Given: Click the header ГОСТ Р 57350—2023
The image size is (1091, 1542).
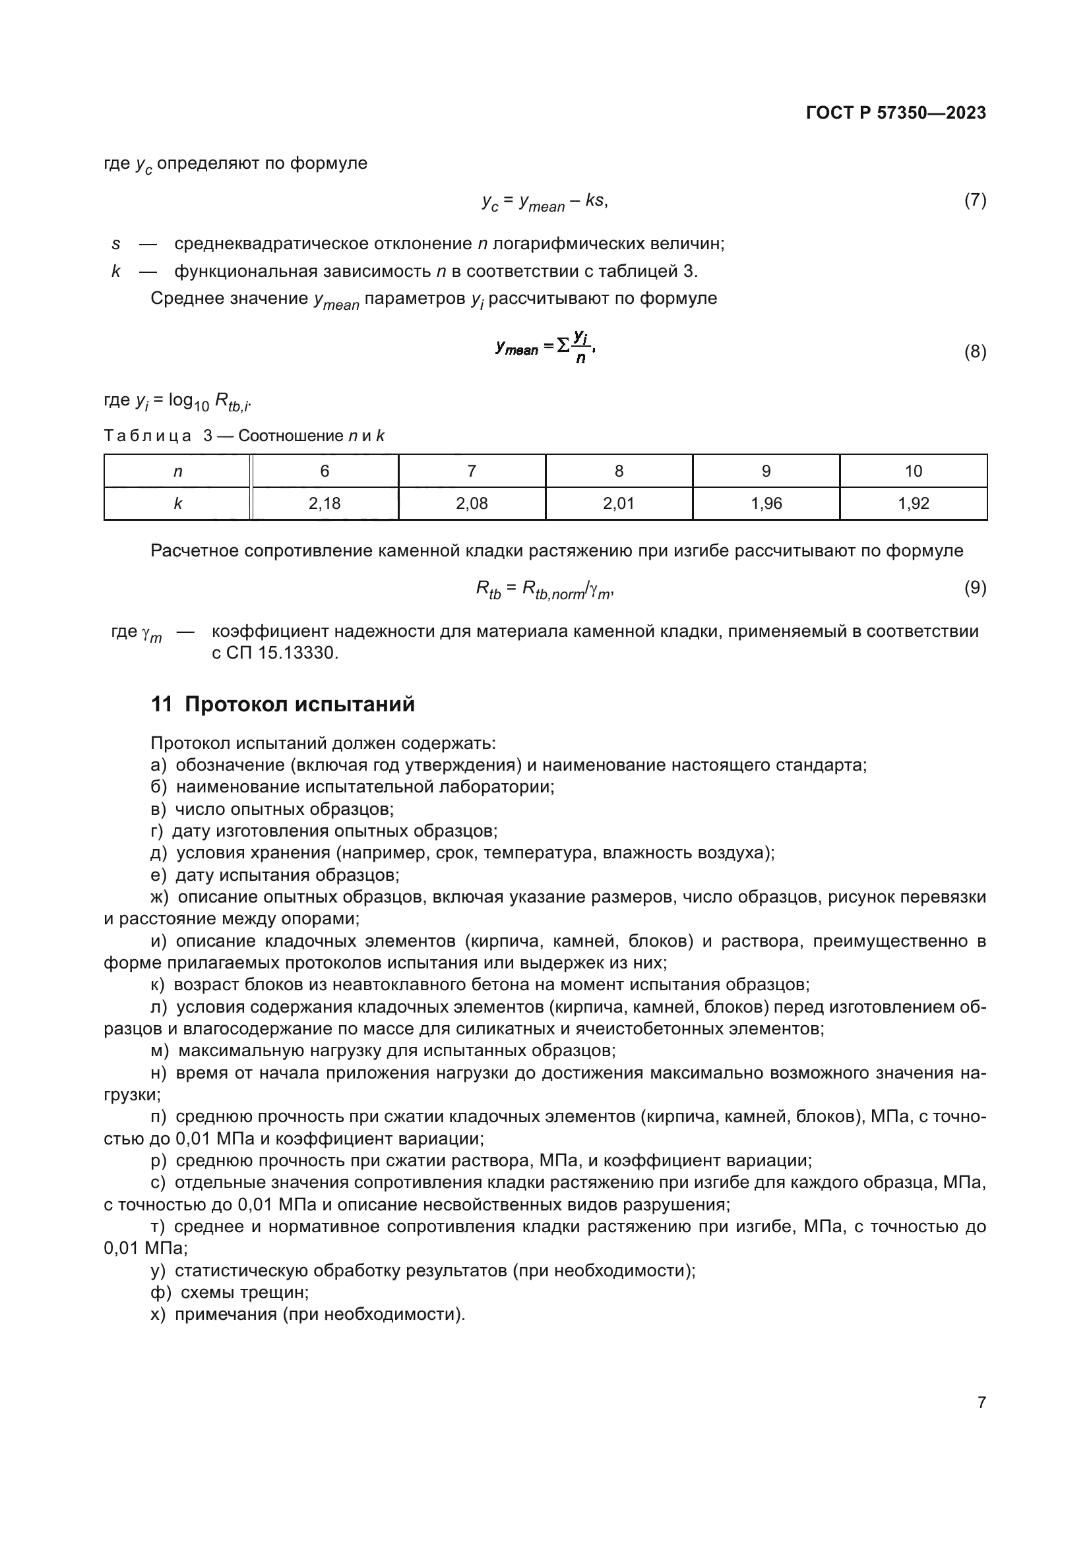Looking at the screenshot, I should pyautogui.click(x=896, y=113).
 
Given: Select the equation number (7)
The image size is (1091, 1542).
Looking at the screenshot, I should pyautogui.click(x=975, y=200).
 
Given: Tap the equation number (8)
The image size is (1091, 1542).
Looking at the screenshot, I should pyautogui.click(x=975, y=351).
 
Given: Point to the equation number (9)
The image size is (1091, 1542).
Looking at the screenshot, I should pyautogui.click(x=975, y=587).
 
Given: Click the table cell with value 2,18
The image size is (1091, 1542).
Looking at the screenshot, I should pyautogui.click(x=325, y=504).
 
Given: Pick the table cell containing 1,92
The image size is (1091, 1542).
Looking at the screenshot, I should pyautogui.click(x=913, y=504).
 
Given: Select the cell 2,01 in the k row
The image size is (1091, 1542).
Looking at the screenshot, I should pyautogui.click(x=619, y=504).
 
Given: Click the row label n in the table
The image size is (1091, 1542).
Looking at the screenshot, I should pyautogui.click(x=177, y=471).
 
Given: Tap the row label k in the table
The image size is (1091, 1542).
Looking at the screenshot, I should pyautogui.click(x=177, y=504).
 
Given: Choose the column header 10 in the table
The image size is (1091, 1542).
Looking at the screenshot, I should pyautogui.click(x=913, y=471).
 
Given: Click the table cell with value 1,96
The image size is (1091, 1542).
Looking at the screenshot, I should pyautogui.click(x=766, y=504).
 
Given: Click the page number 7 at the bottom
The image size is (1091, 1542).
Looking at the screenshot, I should pyautogui.click(x=982, y=1402).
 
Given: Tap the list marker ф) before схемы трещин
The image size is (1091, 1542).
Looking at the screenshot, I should pyautogui.click(x=160, y=1292).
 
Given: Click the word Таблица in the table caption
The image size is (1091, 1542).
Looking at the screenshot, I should pyautogui.click(x=147, y=436).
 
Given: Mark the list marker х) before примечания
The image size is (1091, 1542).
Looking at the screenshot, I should pyautogui.click(x=158, y=1315).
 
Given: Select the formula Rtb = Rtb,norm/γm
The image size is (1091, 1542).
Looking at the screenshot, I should pyautogui.click(x=544, y=589).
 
